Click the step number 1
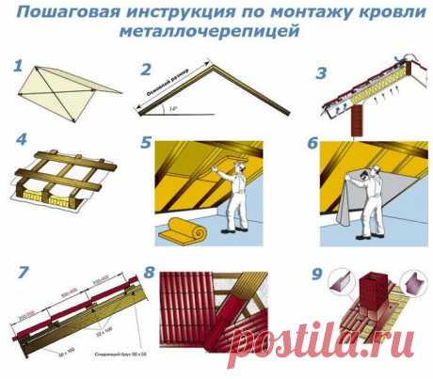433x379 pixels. [17, 67]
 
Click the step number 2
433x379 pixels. [145, 69]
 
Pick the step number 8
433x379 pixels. [150, 274]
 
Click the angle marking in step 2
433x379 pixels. [168, 108]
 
